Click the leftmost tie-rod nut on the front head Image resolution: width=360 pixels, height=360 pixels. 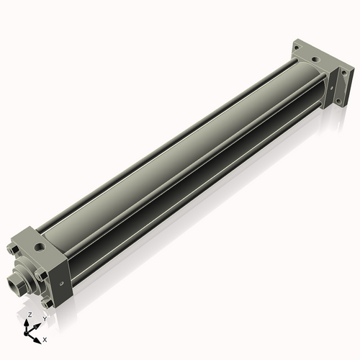tap(13, 251)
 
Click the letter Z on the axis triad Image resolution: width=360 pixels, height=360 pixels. tap(29, 315)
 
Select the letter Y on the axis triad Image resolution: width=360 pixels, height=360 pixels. tap(44, 319)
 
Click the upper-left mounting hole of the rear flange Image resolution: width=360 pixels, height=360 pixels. tap(297, 45)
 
